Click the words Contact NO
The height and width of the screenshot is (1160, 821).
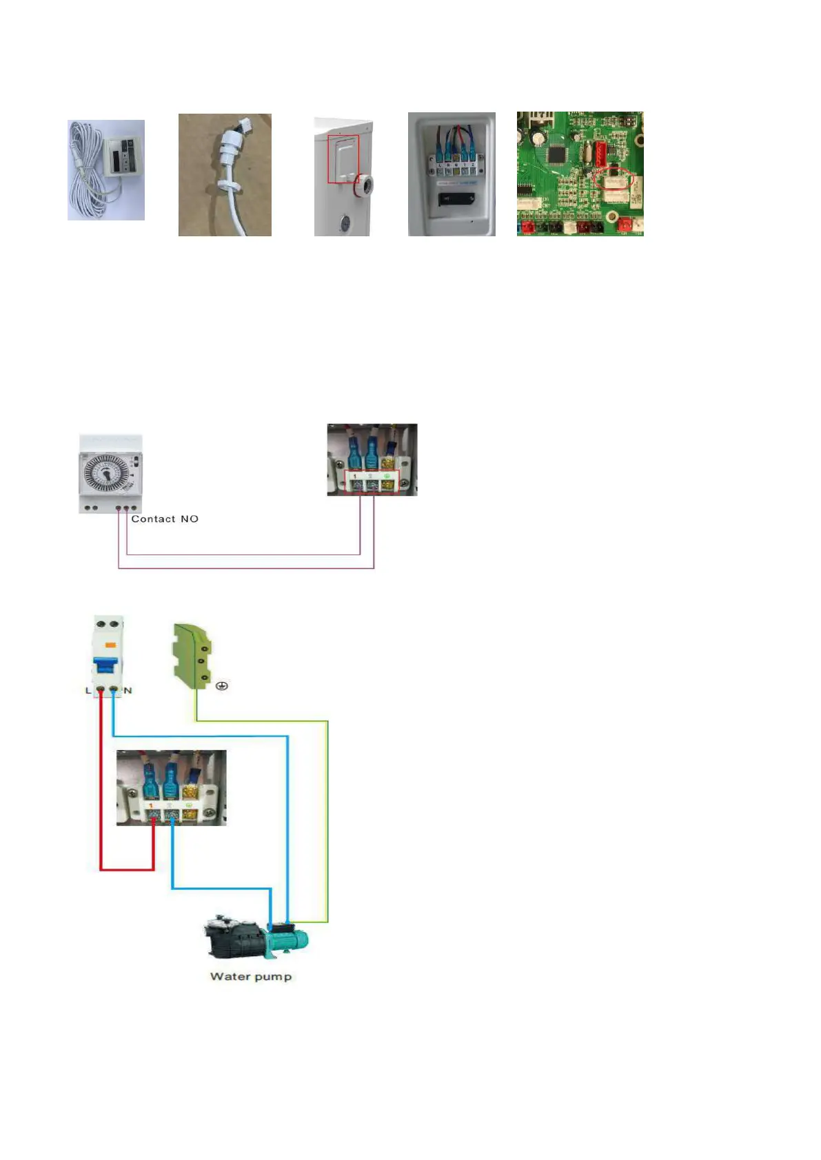tap(165, 519)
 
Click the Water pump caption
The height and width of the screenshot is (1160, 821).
tap(251, 976)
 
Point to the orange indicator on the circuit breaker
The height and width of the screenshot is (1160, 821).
tap(108, 645)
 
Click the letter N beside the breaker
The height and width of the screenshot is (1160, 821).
tap(128, 690)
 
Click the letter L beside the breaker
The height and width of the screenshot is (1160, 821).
tap(88, 690)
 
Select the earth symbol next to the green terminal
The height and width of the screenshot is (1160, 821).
tap(222, 686)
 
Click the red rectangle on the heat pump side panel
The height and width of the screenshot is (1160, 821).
tap(343, 159)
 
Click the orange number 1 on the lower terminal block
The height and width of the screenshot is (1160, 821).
tap(150, 805)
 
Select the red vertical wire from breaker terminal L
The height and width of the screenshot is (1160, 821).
tap(101, 778)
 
